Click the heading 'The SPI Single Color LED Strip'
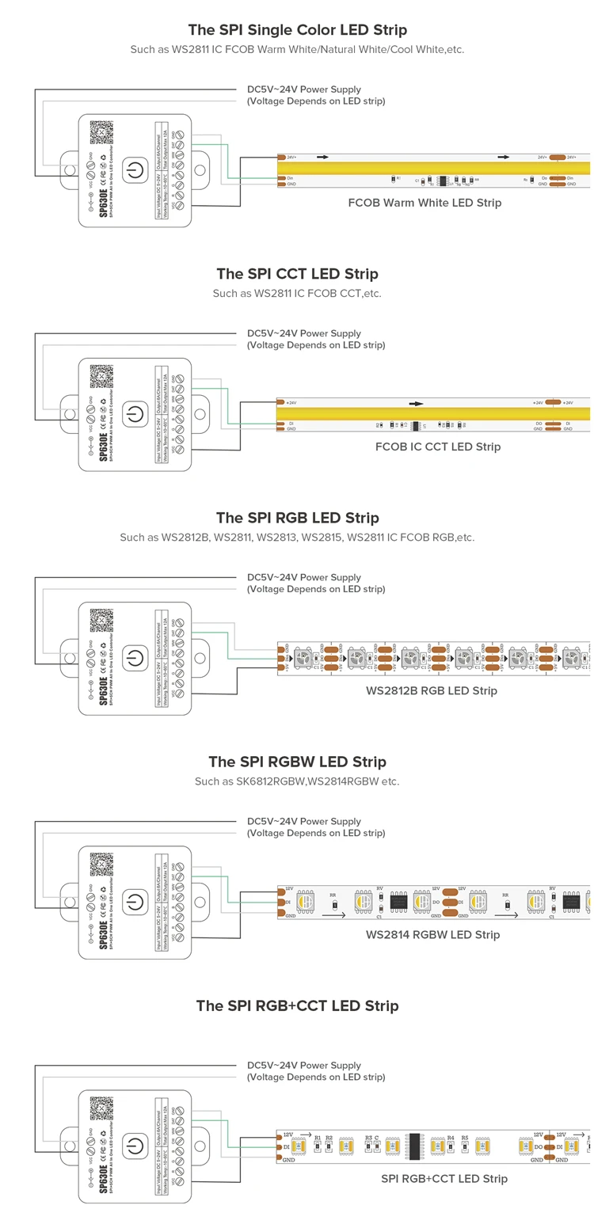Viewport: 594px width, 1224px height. pyautogui.click(x=297, y=30)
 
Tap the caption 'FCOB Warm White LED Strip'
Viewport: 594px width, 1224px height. pyautogui.click(x=425, y=203)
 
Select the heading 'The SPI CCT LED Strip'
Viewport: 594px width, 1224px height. pyautogui.click(x=297, y=274)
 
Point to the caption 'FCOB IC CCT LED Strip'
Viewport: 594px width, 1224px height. pyautogui.click(x=438, y=447)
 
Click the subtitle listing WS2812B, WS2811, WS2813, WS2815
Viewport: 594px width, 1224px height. pyautogui.click(x=297, y=538)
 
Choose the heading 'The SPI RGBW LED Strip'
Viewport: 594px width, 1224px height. pyautogui.click(x=297, y=762)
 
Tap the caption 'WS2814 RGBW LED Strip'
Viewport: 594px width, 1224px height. pyautogui.click(x=432, y=934)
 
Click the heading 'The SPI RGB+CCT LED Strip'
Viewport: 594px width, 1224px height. pyautogui.click(x=297, y=1006)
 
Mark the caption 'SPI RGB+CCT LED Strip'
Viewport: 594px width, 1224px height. pyautogui.click(x=444, y=1178)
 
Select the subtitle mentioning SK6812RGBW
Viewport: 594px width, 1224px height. pyautogui.click(x=297, y=781)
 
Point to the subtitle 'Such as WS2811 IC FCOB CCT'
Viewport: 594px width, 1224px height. pyautogui.click(x=297, y=294)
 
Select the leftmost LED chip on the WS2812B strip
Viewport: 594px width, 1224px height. pyautogui.click(x=304, y=657)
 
